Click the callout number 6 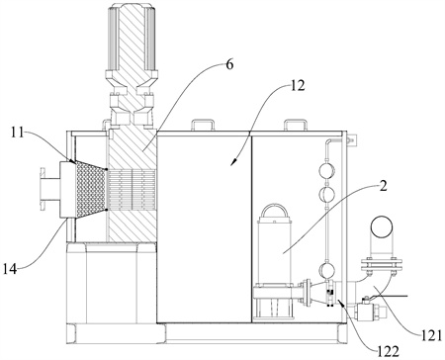click(229, 65)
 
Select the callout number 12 click(298, 86)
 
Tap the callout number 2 click(383, 186)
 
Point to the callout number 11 click(16, 134)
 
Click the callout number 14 click(10, 269)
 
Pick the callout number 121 click(431, 335)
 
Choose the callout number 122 click(389, 351)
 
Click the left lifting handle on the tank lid click(202, 125)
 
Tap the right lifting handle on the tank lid click(296, 125)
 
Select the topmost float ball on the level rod click(327, 171)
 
